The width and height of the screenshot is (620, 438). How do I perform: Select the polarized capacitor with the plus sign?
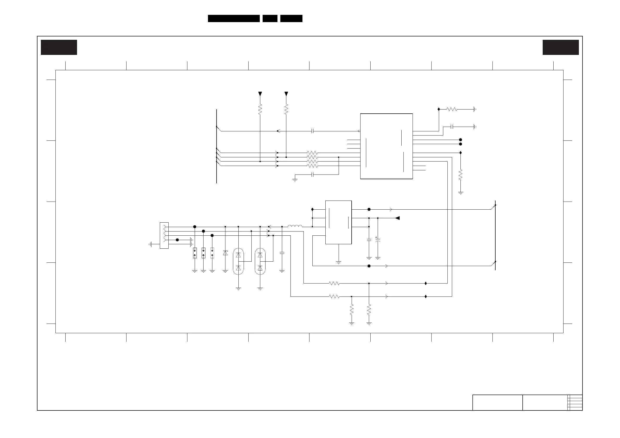click(378, 240)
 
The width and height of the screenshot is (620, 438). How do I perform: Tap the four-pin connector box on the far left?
click(164, 235)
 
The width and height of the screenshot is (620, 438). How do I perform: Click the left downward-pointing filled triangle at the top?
click(260, 94)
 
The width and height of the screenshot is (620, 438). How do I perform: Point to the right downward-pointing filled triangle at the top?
click(286, 94)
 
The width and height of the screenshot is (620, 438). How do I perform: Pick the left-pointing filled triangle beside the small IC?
click(397, 218)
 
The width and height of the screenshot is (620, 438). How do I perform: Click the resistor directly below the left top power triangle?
click(260, 109)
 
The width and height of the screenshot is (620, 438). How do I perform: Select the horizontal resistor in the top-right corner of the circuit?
click(452, 109)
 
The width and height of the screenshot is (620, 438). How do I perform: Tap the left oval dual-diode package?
click(238, 261)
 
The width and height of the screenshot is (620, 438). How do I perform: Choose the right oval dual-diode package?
click(260, 261)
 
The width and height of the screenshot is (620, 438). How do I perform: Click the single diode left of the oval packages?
click(225, 253)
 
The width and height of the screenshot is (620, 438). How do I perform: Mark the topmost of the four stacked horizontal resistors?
click(312, 153)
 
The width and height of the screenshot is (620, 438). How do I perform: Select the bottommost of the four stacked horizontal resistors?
click(312, 166)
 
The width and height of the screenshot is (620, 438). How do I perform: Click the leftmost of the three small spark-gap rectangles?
click(195, 253)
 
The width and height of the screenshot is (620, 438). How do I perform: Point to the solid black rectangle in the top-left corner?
click(59, 47)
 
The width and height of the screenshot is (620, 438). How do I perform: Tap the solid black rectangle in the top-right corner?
click(561, 47)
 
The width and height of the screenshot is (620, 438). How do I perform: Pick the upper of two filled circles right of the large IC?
click(460, 140)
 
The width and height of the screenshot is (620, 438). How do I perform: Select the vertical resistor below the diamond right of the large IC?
click(460, 175)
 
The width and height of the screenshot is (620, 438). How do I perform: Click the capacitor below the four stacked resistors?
click(312, 175)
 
